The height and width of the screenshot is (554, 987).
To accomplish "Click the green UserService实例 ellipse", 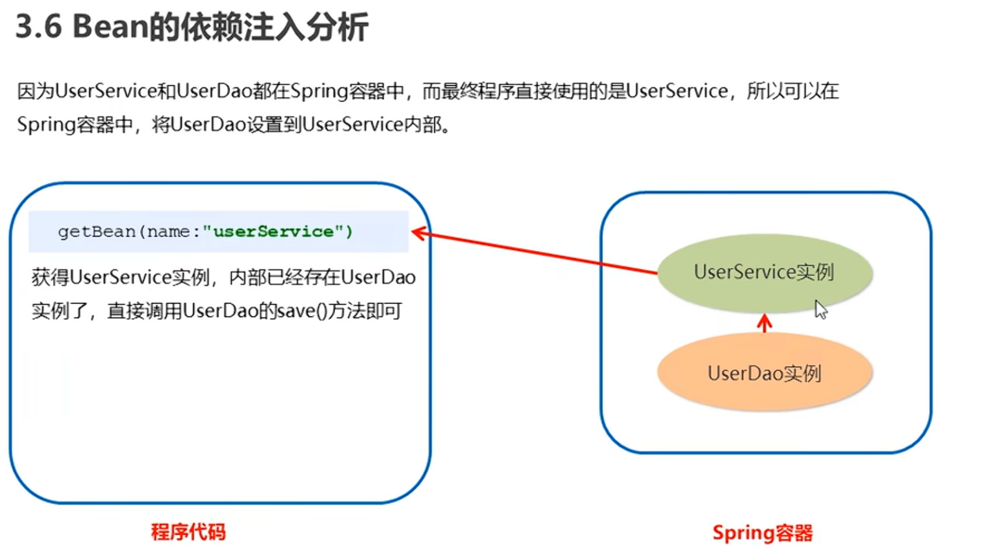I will coord(764,273).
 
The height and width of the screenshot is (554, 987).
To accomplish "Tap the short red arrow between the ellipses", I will coord(765,323).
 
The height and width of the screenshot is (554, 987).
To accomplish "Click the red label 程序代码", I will coord(188,532).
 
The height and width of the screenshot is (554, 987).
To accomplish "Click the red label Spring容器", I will coord(762,533).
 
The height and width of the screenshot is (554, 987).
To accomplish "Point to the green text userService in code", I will coord(273,232).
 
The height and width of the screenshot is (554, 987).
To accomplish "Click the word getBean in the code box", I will coord(96,232).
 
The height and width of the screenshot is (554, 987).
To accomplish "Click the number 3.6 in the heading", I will coord(39,27).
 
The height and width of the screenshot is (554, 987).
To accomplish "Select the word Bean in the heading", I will coord(110,27).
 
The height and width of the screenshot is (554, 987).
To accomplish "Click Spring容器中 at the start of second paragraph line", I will coord(75,125).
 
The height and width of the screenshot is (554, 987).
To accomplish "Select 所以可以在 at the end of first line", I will coord(792,92).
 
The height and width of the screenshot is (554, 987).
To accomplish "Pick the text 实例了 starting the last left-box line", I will coord(59,311).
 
